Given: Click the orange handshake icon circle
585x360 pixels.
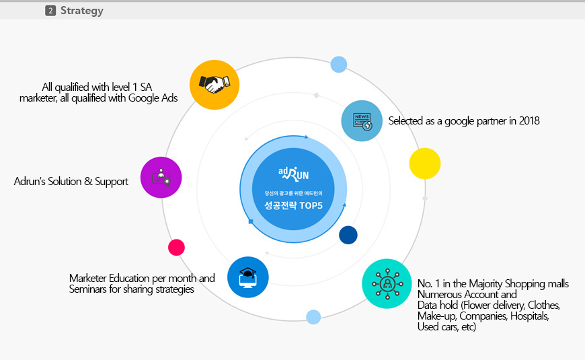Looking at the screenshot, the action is click(x=214, y=85).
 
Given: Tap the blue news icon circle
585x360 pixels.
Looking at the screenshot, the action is click(x=362, y=120).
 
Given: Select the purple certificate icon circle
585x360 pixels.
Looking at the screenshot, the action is click(x=161, y=178).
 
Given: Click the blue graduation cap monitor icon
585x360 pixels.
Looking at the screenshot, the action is click(x=247, y=277).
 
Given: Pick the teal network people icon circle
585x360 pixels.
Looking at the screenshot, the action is click(x=387, y=284).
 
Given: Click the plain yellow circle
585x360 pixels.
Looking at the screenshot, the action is click(x=424, y=164).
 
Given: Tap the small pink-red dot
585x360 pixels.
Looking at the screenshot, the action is click(x=176, y=247).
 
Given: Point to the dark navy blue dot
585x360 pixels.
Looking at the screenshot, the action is click(x=348, y=235).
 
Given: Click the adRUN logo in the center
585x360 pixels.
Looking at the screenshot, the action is click(x=294, y=174).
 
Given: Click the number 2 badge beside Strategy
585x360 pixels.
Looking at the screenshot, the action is click(x=50, y=11).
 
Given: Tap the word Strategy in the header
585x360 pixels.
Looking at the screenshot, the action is click(x=82, y=11).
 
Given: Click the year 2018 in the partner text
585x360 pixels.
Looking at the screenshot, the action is click(x=529, y=120).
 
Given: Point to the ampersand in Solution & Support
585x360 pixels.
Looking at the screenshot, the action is click(x=88, y=181).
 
